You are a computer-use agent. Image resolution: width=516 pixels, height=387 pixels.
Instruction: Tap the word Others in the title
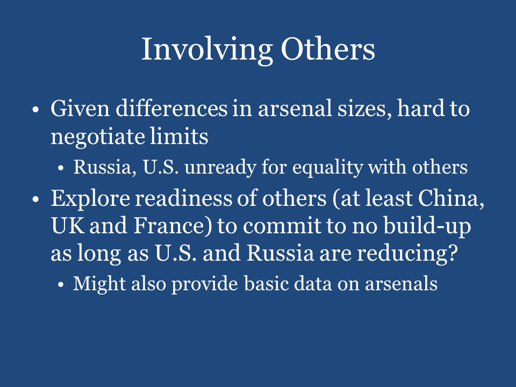pyautogui.click(x=327, y=49)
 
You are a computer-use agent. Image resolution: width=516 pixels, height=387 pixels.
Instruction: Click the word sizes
pyautogui.click(x=360, y=109)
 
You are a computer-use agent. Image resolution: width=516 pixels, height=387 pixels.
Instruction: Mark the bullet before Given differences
pyautogui.click(x=36, y=110)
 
